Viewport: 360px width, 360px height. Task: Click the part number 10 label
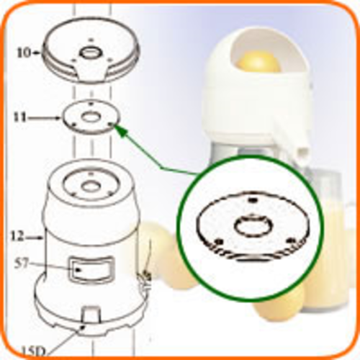[x=24, y=53]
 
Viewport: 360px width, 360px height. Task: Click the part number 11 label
[x=20, y=117]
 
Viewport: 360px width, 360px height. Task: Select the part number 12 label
[x=17, y=236]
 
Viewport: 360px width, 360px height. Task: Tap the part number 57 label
[x=22, y=264]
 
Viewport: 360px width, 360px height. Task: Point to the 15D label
[x=34, y=352]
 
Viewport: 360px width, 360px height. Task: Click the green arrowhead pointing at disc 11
[x=120, y=130]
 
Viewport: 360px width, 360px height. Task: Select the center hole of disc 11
[x=91, y=117]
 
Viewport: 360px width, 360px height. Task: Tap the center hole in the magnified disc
[x=253, y=226]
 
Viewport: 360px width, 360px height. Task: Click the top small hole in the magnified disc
[x=252, y=199]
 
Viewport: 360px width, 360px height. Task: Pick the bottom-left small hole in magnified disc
[x=218, y=242]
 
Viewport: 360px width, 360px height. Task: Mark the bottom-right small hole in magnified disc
[x=291, y=240]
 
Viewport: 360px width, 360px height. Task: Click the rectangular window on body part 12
[x=91, y=269]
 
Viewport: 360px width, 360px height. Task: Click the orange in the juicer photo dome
[x=258, y=62]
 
